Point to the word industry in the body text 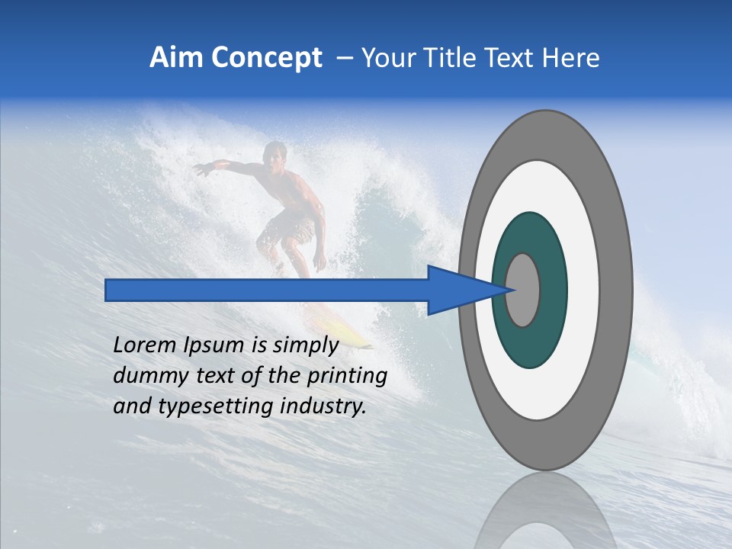(323, 406)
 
